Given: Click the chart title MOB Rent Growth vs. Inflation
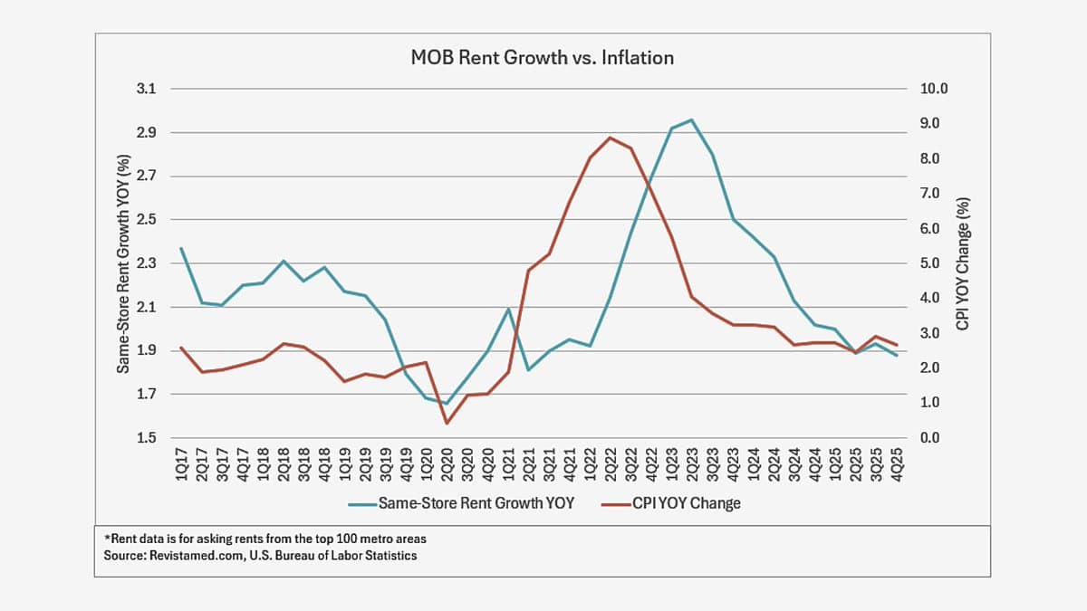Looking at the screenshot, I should tap(543, 58).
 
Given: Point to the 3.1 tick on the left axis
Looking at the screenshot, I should tap(147, 89).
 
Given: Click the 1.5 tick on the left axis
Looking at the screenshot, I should tap(147, 438).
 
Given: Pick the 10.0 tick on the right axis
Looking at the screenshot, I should tap(934, 89).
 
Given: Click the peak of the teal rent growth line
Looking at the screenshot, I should tap(691, 119).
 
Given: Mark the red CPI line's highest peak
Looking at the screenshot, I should tap(610, 138).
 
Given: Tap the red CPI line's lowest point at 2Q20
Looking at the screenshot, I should tap(446, 423).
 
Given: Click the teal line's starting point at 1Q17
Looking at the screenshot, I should tap(181, 248).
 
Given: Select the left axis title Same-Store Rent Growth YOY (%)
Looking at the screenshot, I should tap(123, 263).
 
